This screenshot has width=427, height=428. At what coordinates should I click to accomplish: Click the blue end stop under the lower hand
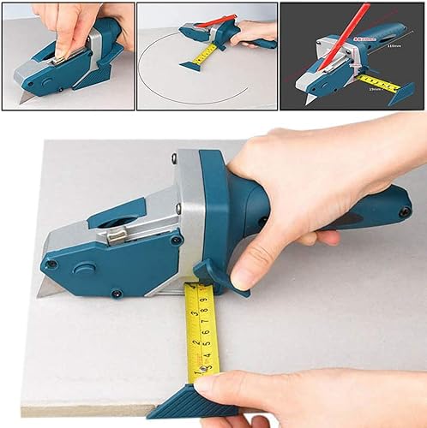(179, 401)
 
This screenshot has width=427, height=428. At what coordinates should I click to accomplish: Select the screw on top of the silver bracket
(175, 158)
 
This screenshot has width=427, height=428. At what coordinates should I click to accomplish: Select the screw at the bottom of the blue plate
(116, 294)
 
